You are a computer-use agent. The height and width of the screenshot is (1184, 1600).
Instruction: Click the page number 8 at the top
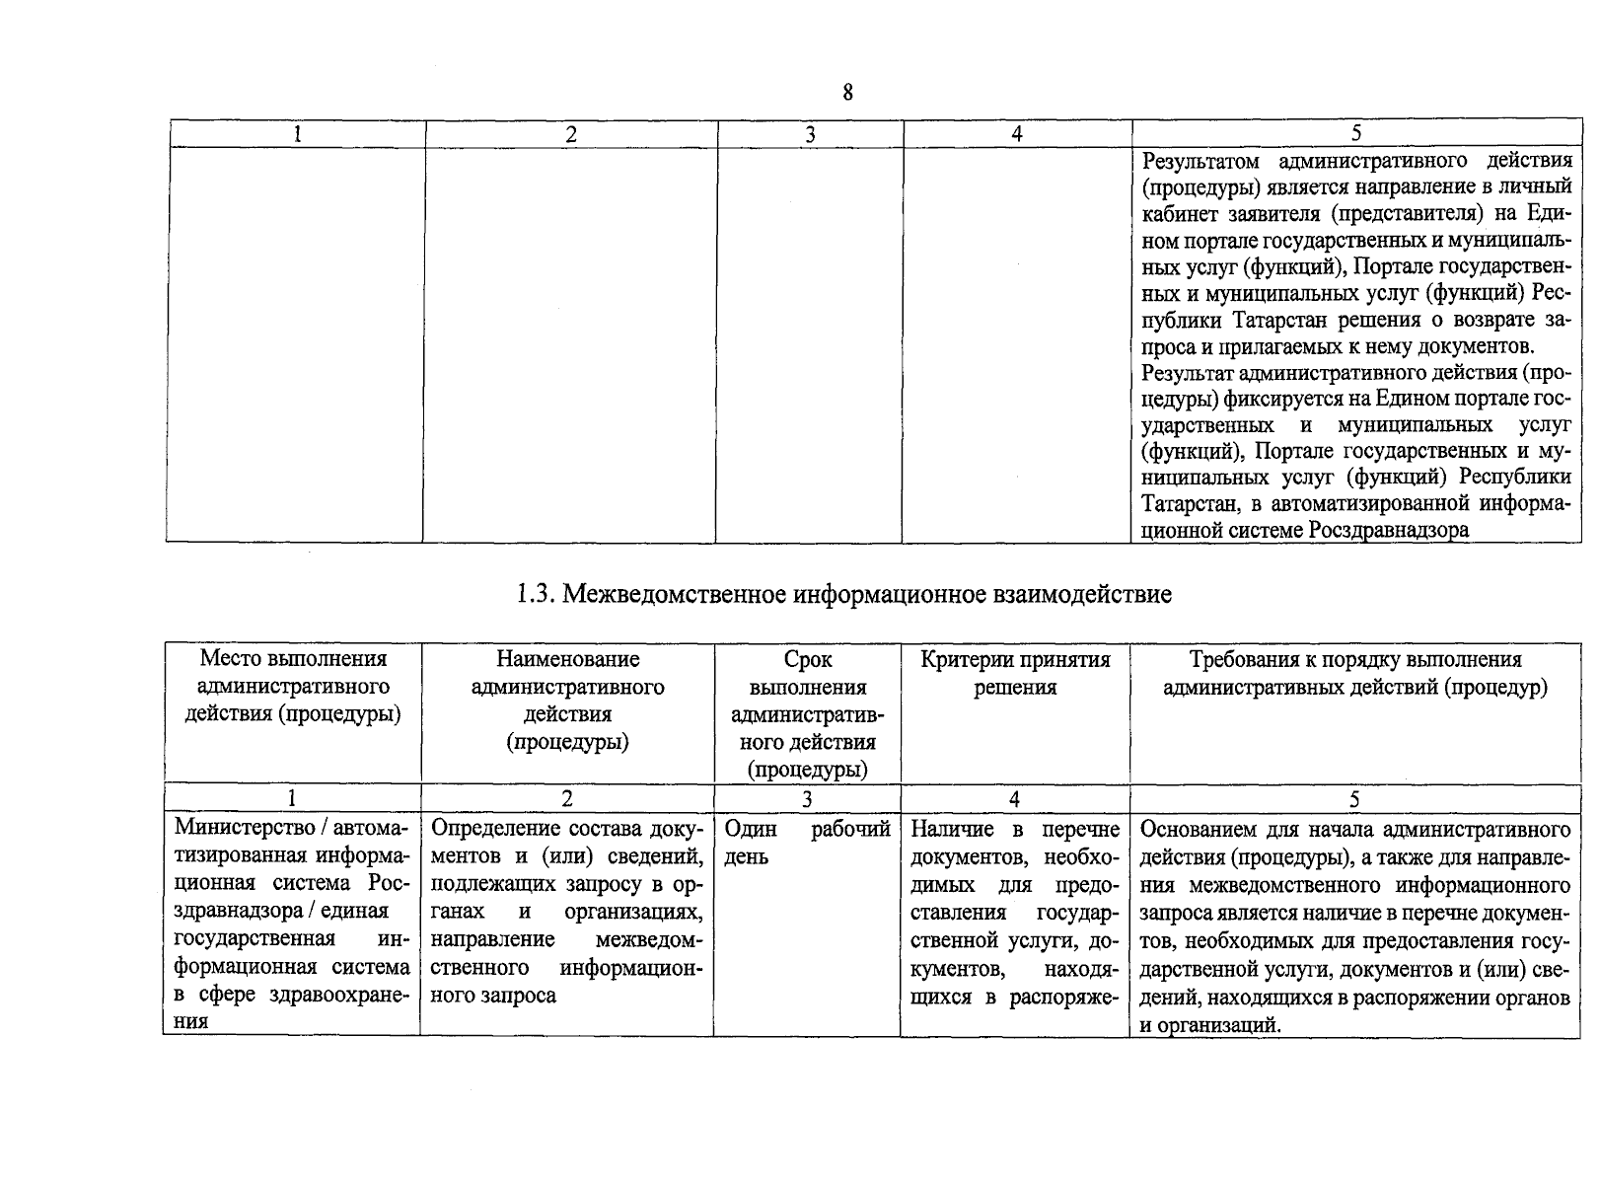(x=847, y=93)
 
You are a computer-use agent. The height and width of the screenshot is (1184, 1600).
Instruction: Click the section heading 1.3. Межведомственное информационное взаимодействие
(x=844, y=594)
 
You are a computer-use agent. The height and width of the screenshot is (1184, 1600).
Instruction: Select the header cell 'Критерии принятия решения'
(x=1015, y=673)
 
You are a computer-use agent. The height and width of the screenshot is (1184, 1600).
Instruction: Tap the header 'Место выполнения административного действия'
(x=293, y=686)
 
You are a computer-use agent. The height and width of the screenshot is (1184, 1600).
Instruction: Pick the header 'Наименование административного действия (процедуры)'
(x=567, y=700)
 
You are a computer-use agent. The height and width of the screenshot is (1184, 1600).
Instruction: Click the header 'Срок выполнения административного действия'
(x=807, y=713)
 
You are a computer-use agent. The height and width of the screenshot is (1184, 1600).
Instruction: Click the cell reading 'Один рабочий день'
(x=807, y=843)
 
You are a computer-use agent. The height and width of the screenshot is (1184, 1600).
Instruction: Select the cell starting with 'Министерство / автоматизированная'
(x=292, y=924)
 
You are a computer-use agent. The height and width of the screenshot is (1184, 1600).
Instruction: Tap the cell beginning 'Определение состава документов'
(x=567, y=910)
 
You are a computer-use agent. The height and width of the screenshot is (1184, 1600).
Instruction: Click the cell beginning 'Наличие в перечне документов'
(x=1015, y=912)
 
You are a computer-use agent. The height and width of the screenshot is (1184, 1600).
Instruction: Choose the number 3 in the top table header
(x=810, y=134)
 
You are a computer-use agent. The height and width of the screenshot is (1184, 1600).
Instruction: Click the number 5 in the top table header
(x=1356, y=133)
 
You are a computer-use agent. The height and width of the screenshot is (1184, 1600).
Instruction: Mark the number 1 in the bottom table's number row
(x=292, y=798)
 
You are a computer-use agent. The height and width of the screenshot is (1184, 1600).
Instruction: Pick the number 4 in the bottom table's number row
(x=1014, y=798)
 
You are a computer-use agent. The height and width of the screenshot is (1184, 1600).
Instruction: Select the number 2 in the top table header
(x=571, y=134)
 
